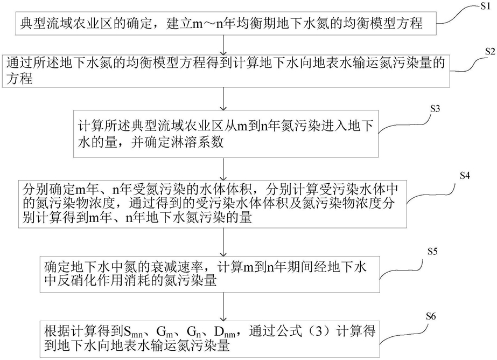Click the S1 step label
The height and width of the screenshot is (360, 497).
coord(485,6)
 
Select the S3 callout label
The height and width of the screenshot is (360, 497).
coord(435,109)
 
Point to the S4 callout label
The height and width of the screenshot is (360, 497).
coord(465,175)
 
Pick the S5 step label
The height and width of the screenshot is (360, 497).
coord(432,252)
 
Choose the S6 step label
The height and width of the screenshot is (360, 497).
coord(431,316)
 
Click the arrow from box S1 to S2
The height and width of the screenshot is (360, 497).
coord(224,45)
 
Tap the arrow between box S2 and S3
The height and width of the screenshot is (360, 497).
coord(224,99)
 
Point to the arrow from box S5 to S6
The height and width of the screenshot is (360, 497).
coord(224,307)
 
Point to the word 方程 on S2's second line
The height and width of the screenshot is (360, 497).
coord(19,78)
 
